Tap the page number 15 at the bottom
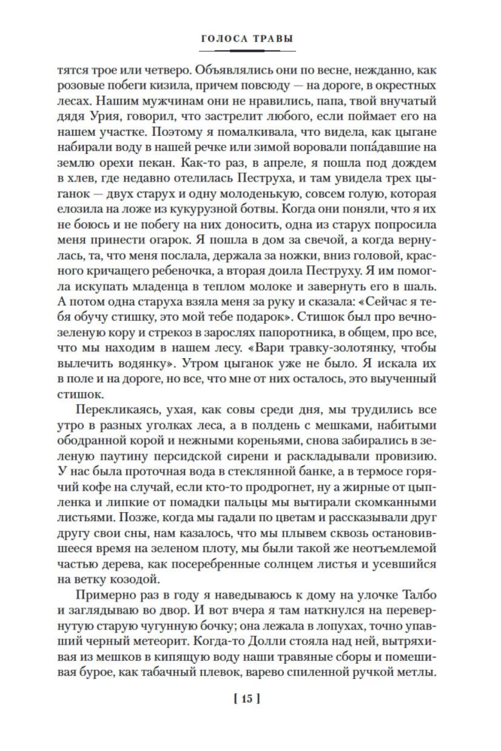249,698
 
